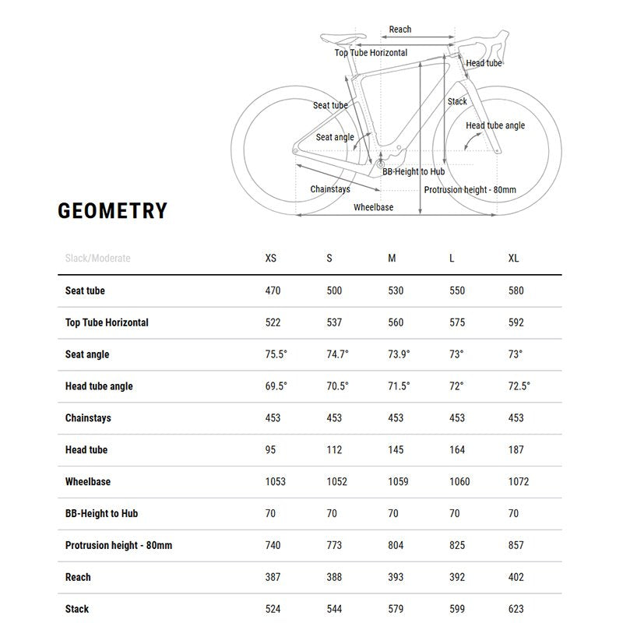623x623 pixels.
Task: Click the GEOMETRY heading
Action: point(112,211)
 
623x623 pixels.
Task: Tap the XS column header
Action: point(271,259)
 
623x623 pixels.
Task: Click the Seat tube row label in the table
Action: point(85,290)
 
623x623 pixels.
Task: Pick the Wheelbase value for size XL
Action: point(519,482)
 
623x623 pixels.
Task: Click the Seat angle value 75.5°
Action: point(276,354)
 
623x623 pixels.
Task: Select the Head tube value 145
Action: point(396,450)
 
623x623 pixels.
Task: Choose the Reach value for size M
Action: point(396,577)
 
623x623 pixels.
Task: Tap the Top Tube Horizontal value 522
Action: point(273,322)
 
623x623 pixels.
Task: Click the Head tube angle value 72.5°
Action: point(519,386)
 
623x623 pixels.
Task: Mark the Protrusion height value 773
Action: point(334,545)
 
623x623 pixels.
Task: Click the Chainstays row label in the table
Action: point(88,418)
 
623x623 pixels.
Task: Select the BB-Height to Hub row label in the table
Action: point(102,514)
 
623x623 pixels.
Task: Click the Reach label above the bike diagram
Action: point(400,30)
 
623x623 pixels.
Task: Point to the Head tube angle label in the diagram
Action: point(495,125)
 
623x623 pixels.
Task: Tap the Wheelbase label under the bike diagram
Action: point(374,207)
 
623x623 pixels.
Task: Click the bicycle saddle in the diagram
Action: point(343,37)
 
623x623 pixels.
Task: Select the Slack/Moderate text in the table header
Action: point(98,259)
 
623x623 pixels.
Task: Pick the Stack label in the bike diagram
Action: point(457,101)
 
